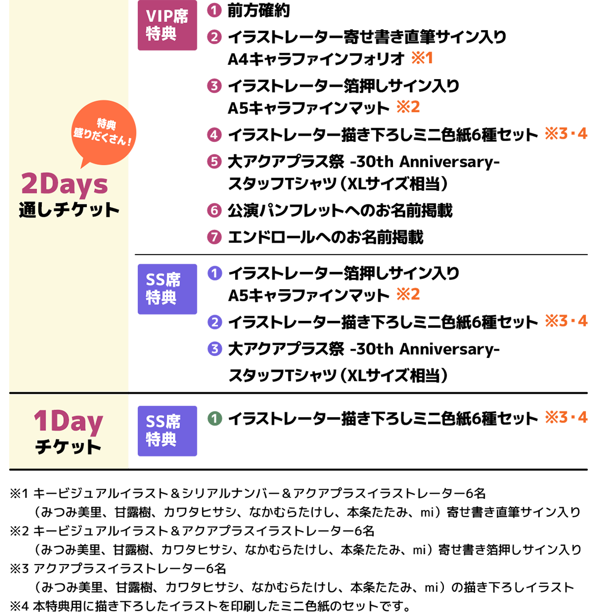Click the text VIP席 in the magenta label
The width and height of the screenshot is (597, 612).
tap(167, 17)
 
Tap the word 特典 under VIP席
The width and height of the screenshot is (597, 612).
tap(161, 34)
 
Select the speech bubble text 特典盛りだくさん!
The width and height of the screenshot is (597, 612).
tap(103, 132)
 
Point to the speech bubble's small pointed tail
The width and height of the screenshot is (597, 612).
tap(84, 163)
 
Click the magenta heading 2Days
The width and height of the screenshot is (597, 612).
tap(64, 184)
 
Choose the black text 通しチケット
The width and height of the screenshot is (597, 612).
tap(69, 210)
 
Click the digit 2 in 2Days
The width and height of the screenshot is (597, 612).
tap(30, 184)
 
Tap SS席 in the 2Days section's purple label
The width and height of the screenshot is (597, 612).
tap(163, 280)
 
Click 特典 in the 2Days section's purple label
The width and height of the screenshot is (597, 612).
tap(161, 297)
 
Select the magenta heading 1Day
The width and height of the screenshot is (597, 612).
tap(68, 422)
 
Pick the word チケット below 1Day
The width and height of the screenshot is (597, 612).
tap(68, 447)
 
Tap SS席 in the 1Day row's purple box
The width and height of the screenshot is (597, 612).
tap(163, 422)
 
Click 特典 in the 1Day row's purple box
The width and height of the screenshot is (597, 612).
tap(161, 439)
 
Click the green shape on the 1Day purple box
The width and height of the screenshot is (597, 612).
tap(215, 423)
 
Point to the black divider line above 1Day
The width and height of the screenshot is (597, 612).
tap(68, 393)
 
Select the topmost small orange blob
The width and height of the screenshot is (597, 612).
tap(428, 60)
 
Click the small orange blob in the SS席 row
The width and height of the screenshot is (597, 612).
tap(412, 295)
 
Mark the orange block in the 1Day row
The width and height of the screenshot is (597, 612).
tap(564, 424)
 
